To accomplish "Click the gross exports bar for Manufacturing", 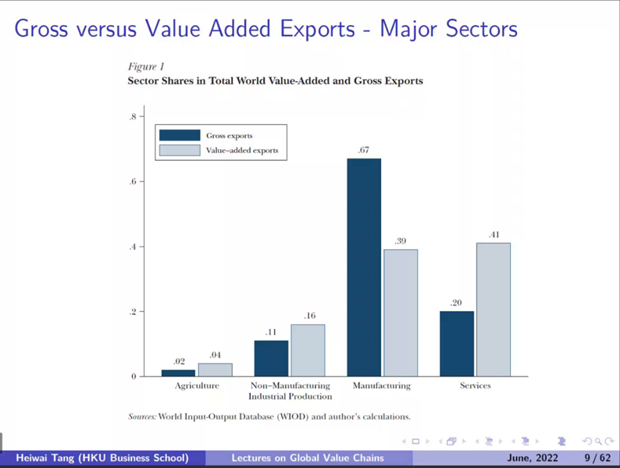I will (x=364, y=267).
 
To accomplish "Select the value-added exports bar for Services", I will (x=494, y=309).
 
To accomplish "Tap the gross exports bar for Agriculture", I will (x=178, y=373).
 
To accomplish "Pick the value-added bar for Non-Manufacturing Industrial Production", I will (x=308, y=350).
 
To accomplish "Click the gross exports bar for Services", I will (x=457, y=344).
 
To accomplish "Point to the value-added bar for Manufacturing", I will (x=401, y=313).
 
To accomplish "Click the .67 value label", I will (x=363, y=150).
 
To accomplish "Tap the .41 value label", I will (x=494, y=234).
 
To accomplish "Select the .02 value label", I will (x=179, y=362).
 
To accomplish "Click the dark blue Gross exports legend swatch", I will (x=180, y=135).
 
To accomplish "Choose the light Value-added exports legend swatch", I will (x=180, y=150).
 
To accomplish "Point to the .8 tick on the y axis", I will (x=134, y=117).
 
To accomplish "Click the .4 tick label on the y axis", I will (x=134, y=247).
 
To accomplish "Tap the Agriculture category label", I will (x=196, y=386).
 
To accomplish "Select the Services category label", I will (x=475, y=386).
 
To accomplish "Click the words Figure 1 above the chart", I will (x=146, y=67).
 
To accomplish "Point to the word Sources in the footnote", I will (x=141, y=416).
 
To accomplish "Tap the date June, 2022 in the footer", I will (x=533, y=458).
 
